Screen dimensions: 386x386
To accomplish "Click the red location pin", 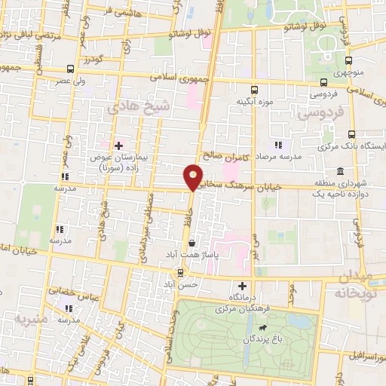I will point(194,176).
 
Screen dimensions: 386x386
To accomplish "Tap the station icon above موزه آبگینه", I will point(253,87).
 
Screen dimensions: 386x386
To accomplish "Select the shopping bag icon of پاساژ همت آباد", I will point(194,244).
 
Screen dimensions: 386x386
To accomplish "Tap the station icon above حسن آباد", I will point(179,271).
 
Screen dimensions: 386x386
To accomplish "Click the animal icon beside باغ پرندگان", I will point(262,328).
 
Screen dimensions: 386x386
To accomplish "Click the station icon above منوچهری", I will point(348,61).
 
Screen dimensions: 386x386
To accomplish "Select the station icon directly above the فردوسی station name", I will point(323,83).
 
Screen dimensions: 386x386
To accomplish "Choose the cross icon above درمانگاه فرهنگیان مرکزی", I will point(242,286).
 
